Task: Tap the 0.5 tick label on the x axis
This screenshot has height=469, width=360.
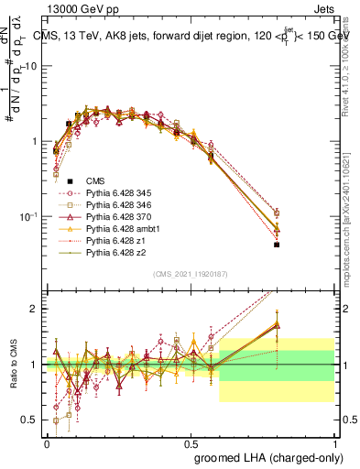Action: tap(191, 442)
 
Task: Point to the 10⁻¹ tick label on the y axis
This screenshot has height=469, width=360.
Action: tap(27, 216)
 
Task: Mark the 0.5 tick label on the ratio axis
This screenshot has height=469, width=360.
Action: tap(28, 420)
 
